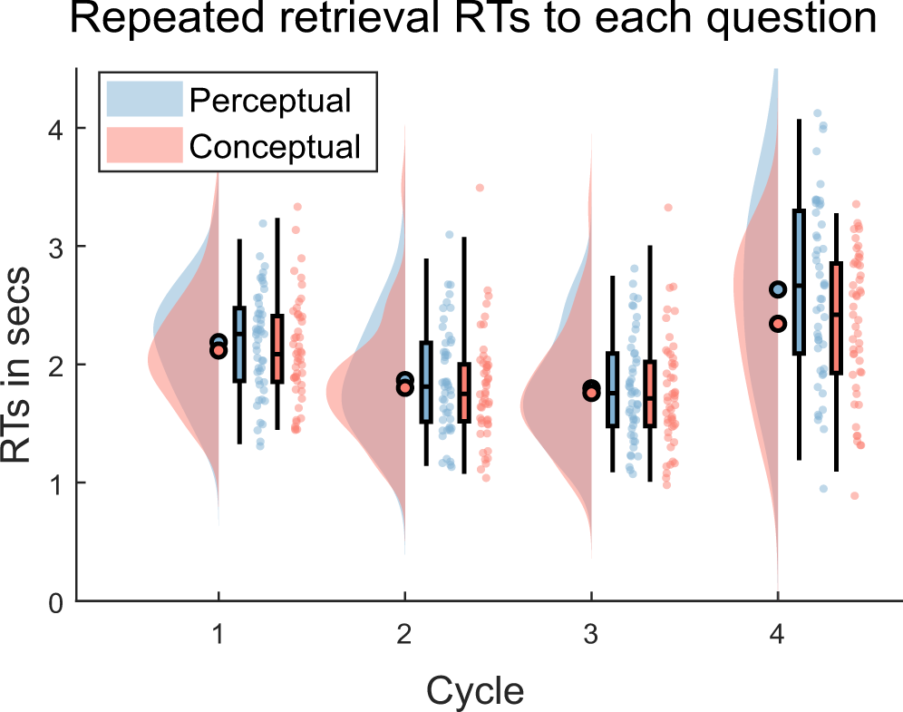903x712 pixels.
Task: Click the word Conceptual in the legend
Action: (x=276, y=145)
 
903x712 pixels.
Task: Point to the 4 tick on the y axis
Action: (x=55, y=129)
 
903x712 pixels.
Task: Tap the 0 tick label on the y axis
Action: (x=55, y=600)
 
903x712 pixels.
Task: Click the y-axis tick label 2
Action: (x=55, y=365)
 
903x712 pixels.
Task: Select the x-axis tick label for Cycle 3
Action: (x=591, y=636)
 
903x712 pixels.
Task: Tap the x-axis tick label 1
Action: (x=218, y=636)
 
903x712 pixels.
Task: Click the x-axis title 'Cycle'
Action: (x=474, y=691)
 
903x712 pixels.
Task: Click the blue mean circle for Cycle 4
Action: (x=778, y=289)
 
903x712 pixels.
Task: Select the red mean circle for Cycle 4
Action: (x=778, y=323)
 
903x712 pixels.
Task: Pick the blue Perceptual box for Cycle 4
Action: (x=799, y=281)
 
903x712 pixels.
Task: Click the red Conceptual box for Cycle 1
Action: (x=277, y=349)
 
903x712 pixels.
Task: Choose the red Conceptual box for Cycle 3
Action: (x=649, y=394)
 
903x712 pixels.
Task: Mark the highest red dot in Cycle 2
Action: (x=480, y=188)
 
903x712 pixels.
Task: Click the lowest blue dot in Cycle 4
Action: (x=823, y=488)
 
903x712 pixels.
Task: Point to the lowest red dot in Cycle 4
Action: (x=854, y=495)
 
